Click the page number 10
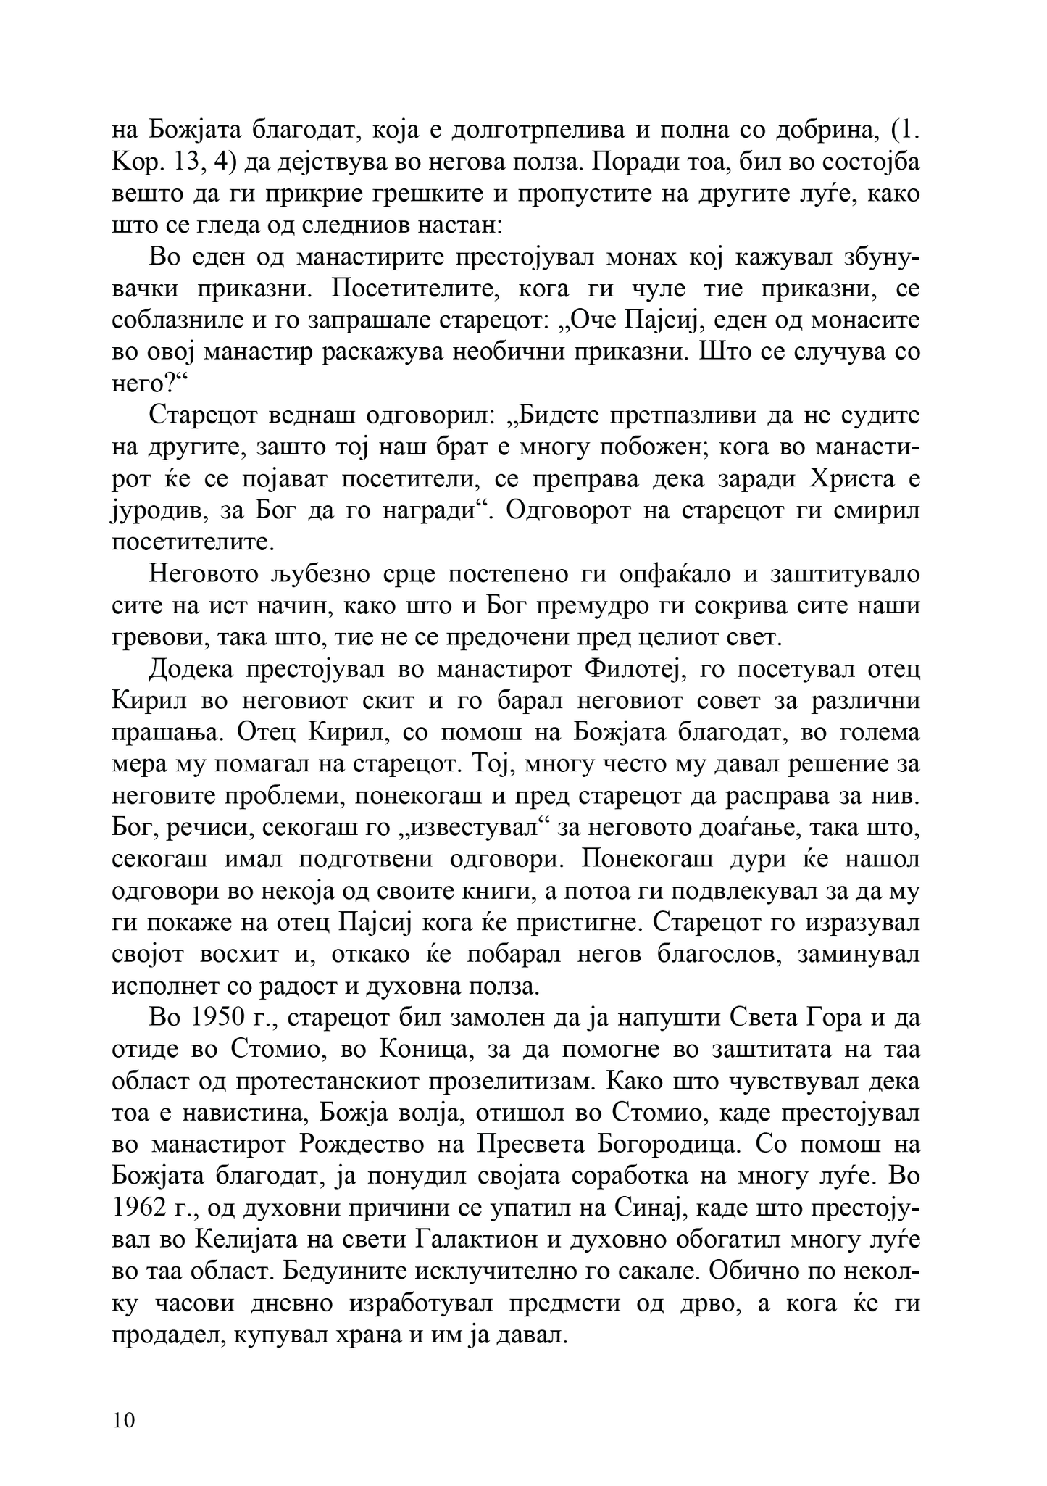click(x=124, y=1419)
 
